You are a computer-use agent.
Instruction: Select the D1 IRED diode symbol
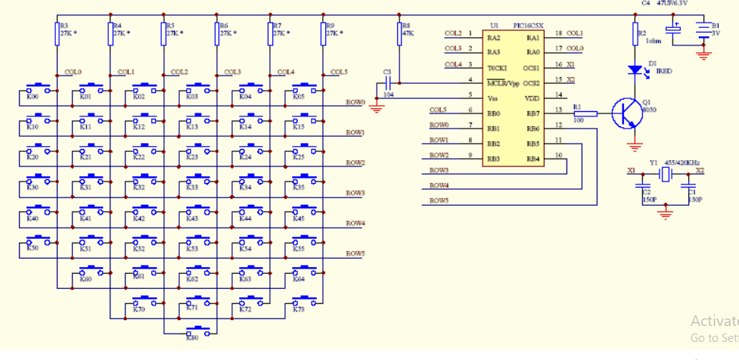(x=635, y=70)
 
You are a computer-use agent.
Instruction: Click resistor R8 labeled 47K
(x=399, y=33)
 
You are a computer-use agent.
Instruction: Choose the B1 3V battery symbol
(x=704, y=31)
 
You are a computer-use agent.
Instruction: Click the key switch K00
(x=39, y=90)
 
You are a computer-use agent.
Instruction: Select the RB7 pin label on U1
(x=533, y=112)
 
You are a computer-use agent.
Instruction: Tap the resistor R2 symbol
(x=635, y=33)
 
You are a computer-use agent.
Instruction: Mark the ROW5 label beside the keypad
(x=356, y=253)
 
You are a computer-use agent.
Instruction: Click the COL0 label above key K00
(x=73, y=72)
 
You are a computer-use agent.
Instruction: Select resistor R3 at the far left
(x=57, y=33)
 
